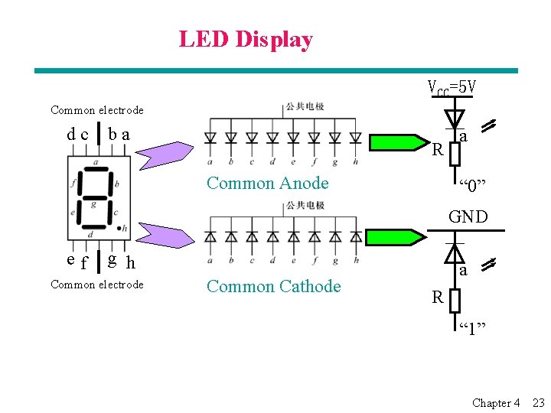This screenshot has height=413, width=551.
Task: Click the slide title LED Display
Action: coord(246,39)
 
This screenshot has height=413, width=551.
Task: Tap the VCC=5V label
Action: coord(452,88)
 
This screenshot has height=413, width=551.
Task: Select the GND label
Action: coord(468,216)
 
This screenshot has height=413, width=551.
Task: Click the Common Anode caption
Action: coord(267,183)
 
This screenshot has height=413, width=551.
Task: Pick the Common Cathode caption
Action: coord(273,286)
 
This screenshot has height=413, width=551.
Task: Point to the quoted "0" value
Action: coord(472,184)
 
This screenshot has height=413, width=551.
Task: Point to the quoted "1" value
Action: coord(472,329)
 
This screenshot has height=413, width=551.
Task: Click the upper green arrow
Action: coord(398,142)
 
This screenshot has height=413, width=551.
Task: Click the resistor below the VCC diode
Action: coord(455,154)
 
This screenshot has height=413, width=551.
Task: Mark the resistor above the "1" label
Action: coord(455,298)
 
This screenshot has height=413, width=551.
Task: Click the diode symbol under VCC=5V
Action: coord(455,119)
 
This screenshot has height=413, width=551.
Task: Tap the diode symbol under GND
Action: coord(455,253)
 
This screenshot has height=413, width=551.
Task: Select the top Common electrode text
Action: coord(96,110)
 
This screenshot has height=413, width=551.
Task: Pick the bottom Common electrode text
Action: coord(96,285)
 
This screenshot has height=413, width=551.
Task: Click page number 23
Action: coord(538,402)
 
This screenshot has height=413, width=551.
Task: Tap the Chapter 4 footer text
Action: coord(496,402)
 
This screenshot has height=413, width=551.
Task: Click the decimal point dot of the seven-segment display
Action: coord(123,228)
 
